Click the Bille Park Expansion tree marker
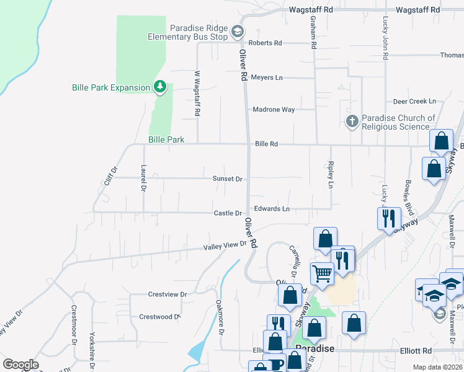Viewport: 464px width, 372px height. point(161,87)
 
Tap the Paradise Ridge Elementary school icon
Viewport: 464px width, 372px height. point(236,32)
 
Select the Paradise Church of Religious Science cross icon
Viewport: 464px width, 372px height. point(352,121)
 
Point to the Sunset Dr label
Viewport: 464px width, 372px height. point(227,179)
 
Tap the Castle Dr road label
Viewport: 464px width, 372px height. point(228,213)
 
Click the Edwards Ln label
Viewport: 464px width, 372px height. point(272,209)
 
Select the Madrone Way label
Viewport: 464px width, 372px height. point(273,110)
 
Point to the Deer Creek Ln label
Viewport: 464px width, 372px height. point(414,101)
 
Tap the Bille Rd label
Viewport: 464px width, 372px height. point(265,144)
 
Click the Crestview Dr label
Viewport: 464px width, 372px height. point(167,294)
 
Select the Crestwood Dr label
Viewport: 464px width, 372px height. point(159,317)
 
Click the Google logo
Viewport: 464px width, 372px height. point(20,365)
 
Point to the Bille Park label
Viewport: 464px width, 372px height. point(166,140)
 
